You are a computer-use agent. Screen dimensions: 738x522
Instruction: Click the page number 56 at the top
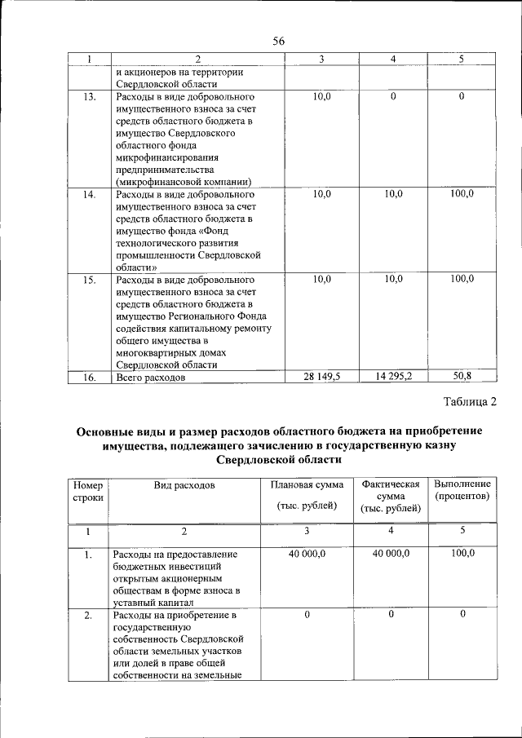coord(278,41)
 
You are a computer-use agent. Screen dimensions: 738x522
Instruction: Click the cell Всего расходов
coord(152,378)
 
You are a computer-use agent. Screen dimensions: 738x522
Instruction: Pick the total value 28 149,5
coord(321,377)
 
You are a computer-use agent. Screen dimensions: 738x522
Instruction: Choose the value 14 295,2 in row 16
coord(392,377)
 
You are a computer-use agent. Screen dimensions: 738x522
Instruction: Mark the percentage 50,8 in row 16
coord(462,377)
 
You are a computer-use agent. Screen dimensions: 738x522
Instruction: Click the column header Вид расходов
coord(184,485)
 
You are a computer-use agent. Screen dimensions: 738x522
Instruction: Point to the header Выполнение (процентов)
coord(462,490)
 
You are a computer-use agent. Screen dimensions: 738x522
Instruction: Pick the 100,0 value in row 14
coord(462,195)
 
